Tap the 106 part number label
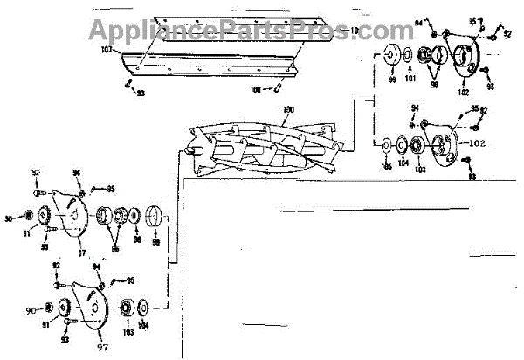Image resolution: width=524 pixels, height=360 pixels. pos(256,89)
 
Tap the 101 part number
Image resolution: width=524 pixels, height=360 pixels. pos(410,79)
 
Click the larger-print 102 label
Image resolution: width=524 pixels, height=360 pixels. pos(477,142)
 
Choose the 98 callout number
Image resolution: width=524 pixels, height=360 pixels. pos(137,239)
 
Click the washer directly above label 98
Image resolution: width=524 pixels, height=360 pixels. pos(136,216)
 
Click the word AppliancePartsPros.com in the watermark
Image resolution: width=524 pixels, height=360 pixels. pos(238,31)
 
